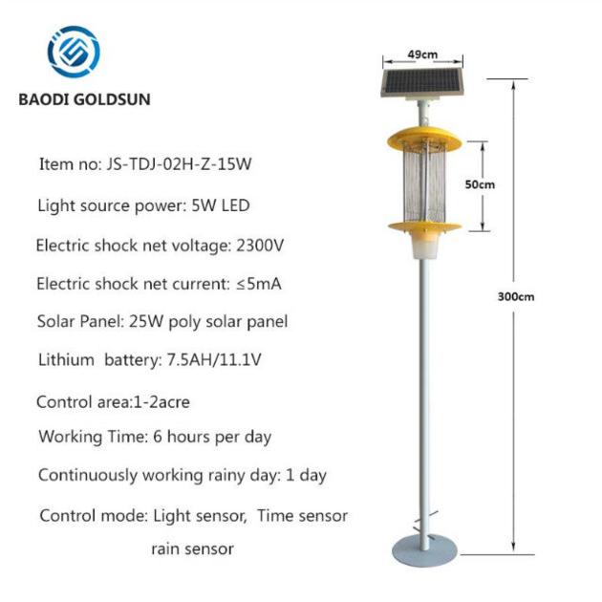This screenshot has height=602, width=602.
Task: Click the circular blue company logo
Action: tap(74, 52)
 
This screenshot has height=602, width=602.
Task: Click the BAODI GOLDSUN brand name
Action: tap(84, 99)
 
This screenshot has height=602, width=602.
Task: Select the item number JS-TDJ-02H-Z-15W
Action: tap(179, 164)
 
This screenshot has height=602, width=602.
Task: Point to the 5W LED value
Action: tap(221, 205)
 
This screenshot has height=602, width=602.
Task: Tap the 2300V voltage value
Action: tap(260, 246)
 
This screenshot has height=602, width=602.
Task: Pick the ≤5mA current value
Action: tap(259, 284)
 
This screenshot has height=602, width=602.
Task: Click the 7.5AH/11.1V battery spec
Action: tap(214, 360)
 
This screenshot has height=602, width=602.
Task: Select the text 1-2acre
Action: tap(161, 402)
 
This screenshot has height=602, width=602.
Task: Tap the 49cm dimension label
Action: tap(422, 54)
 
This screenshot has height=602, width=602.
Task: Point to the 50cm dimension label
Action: tap(480, 184)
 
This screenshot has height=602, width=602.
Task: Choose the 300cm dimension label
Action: tap(516, 297)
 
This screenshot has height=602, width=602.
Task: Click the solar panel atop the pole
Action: tap(422, 82)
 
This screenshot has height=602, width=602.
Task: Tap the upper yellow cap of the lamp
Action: tap(424, 139)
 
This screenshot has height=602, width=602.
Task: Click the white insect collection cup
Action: tap(424, 247)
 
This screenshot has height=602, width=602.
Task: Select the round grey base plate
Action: tap(424, 551)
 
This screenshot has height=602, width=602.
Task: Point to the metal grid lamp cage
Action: tap(424, 183)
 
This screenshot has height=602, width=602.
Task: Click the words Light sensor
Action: tap(200, 516)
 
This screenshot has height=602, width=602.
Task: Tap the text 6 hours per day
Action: tap(212, 437)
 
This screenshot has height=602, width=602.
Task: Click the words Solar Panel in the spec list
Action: tap(79, 322)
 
